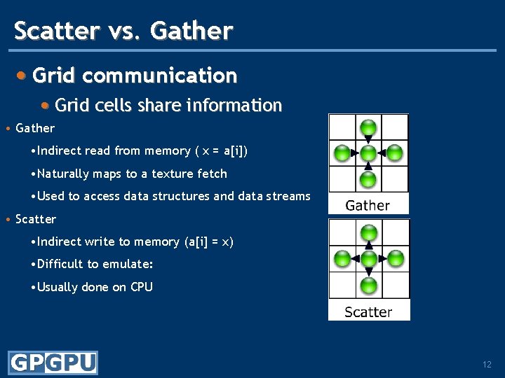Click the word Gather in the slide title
coord(191,31)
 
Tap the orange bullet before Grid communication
coord(23,75)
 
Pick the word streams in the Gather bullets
coord(288,196)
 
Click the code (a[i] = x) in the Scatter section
coord(208,241)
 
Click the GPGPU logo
coord(53,363)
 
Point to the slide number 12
coord(487,365)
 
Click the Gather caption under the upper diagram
coord(368,205)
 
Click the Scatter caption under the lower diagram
coord(368,311)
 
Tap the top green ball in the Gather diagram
coord(368,127)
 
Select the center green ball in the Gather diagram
coord(368,153)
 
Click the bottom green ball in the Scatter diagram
coord(368,285)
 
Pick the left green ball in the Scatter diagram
coord(342,259)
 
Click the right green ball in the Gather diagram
coord(395,153)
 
